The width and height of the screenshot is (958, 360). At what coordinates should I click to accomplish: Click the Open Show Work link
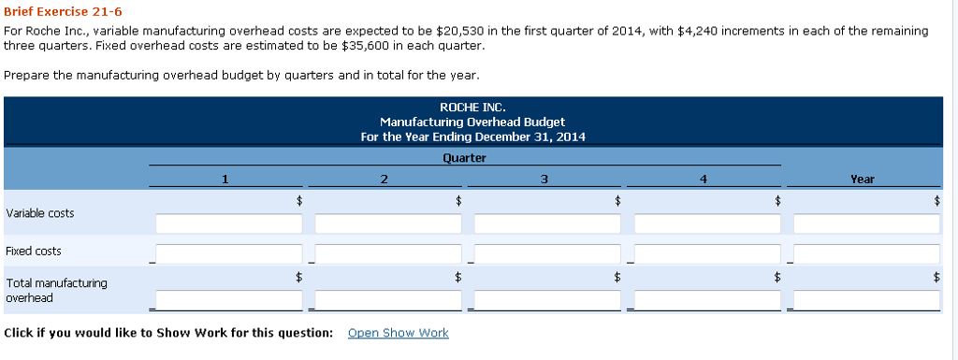pyautogui.click(x=398, y=333)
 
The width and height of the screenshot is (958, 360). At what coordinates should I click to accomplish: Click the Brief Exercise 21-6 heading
pyautogui.click(x=63, y=11)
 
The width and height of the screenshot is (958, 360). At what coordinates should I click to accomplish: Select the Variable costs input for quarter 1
pyautogui.click(x=229, y=224)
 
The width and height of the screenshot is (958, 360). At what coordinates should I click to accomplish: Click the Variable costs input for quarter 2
pyautogui.click(x=388, y=224)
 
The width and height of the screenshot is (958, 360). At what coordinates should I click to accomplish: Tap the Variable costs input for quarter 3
pyautogui.click(x=547, y=224)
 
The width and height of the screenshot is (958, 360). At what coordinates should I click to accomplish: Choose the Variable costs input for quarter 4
pyautogui.click(x=707, y=224)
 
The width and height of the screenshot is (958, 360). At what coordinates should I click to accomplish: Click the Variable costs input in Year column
pyautogui.click(x=866, y=224)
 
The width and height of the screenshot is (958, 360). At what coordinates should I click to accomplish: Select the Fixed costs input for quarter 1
pyautogui.click(x=229, y=254)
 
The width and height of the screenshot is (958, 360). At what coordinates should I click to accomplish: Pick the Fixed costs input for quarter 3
pyautogui.click(x=547, y=254)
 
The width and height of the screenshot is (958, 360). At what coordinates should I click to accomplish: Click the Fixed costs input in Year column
pyautogui.click(x=866, y=254)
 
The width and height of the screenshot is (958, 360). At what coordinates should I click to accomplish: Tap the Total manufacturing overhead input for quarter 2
pyautogui.click(x=388, y=299)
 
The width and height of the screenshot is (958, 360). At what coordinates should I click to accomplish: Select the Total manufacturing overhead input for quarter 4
pyautogui.click(x=707, y=299)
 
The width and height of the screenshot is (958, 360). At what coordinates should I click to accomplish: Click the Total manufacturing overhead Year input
pyautogui.click(x=866, y=299)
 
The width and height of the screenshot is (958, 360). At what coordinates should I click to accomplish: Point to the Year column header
pyautogui.click(x=863, y=179)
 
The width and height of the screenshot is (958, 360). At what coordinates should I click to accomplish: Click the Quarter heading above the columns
pyautogui.click(x=464, y=158)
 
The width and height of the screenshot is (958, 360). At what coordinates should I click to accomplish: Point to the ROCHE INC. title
pyautogui.click(x=472, y=108)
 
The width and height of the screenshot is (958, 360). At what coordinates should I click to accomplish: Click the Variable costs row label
pyautogui.click(x=40, y=213)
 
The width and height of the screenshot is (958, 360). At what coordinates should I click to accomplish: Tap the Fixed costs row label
pyautogui.click(x=34, y=251)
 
